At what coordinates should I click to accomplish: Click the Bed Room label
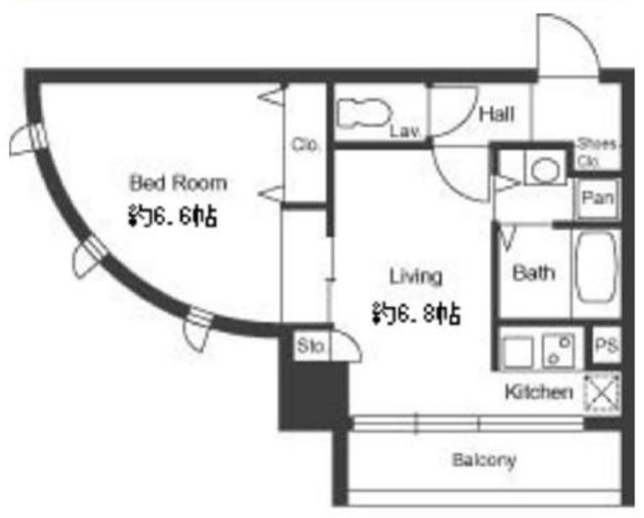coord(177,182)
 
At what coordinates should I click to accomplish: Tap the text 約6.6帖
coord(172,219)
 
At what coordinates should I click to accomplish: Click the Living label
coord(416,275)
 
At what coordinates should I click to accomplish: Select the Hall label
coord(496,114)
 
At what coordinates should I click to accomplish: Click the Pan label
coord(598,199)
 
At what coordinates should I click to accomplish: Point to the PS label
coord(606,346)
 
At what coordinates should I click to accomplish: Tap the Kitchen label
coord(538,392)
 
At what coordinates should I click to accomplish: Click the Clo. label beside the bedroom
coord(304,145)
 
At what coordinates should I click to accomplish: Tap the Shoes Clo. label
coord(598,151)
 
